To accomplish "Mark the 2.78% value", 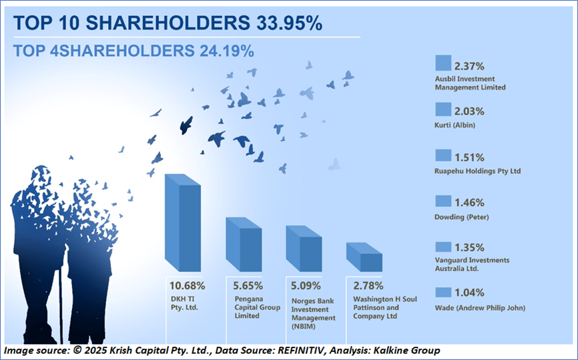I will point(367,285).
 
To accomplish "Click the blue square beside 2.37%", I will point(443,63).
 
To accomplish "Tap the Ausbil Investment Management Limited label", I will point(470,83).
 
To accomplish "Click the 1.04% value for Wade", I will point(469,293).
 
